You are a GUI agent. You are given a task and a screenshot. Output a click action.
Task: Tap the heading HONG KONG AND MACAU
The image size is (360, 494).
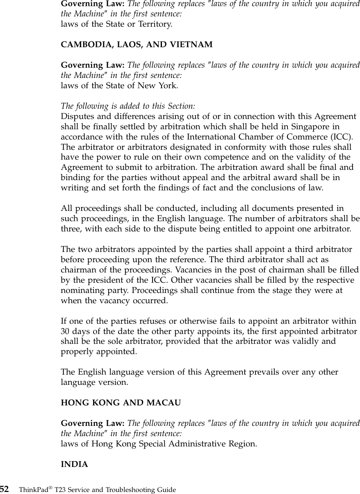pos(121,403)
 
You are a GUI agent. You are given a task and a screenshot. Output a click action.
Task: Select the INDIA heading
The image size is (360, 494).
pos(74,464)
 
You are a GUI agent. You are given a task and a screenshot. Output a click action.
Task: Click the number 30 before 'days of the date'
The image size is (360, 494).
pos(65,331)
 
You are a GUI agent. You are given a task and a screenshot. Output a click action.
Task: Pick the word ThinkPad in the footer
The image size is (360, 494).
pos(34,490)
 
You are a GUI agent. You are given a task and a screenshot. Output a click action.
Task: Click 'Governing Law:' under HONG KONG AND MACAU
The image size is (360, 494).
pos(93,423)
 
